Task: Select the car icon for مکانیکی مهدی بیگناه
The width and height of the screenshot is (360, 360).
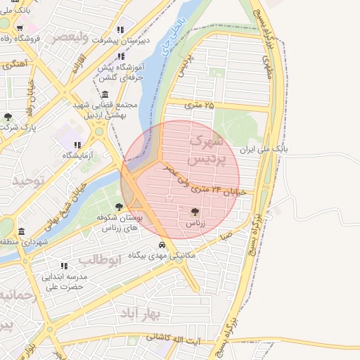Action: [x=162, y=245]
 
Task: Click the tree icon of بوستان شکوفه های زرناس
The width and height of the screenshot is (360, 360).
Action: [x=118, y=207]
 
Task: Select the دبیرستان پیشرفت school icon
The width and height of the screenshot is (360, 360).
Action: [x=121, y=30]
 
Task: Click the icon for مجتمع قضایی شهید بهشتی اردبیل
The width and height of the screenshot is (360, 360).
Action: [x=105, y=95]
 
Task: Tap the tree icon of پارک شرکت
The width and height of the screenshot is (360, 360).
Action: [x=8, y=117]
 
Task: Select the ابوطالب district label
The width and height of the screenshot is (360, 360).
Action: [x=99, y=259]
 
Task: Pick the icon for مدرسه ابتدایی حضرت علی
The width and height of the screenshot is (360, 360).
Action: [x=63, y=266]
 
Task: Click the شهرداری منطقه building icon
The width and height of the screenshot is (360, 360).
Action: [x=21, y=231]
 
